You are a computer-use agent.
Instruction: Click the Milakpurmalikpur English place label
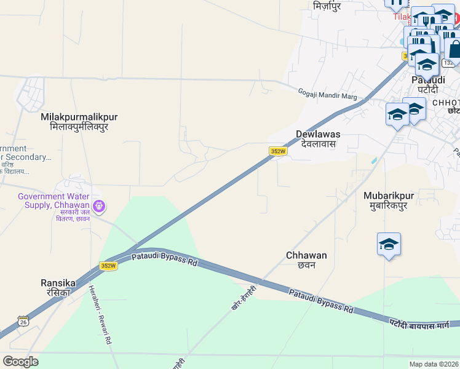[79, 117]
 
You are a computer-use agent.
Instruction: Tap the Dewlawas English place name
[318, 134]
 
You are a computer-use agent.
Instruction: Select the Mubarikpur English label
[389, 196]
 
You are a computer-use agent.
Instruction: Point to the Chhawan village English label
[306, 255]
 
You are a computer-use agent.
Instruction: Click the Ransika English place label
[58, 283]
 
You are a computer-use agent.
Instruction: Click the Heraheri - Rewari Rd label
[100, 314]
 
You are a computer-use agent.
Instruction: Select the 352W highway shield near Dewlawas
[279, 151]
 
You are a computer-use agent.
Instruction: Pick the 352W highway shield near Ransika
[108, 266]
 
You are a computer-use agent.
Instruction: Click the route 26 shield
[23, 321]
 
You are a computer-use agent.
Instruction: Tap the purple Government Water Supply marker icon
[99, 205]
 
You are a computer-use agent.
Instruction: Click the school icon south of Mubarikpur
[389, 245]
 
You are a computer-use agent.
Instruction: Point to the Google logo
[20, 362]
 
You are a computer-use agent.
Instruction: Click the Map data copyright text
[434, 364]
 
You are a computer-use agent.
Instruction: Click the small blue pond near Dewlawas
[375, 161]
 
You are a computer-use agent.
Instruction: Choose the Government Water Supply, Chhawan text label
[54, 200]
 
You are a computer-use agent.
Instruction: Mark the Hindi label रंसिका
[57, 293]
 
